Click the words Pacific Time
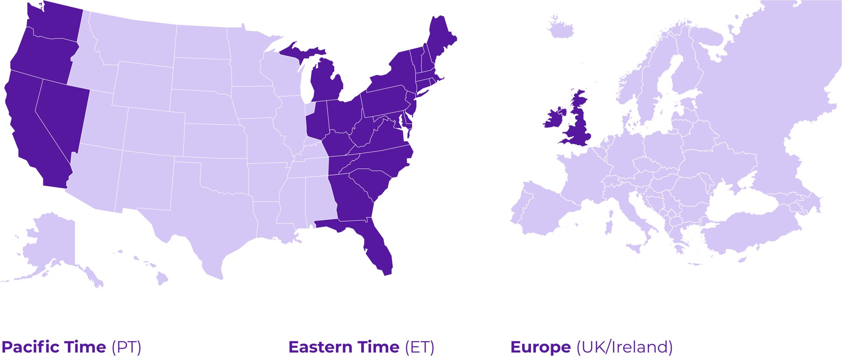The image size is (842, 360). (54, 347)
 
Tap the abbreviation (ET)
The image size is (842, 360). (419, 347)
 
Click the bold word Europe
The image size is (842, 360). (541, 347)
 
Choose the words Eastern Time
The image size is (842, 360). (344, 347)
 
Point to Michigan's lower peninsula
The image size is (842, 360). (326, 82)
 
